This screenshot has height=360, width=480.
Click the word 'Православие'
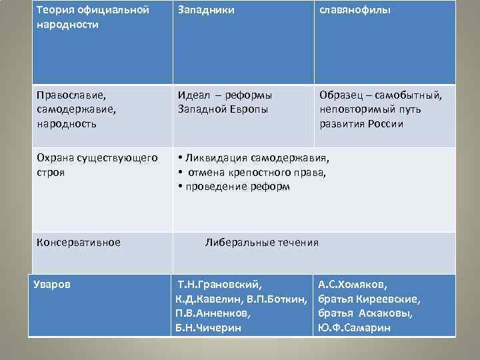pos(69,95)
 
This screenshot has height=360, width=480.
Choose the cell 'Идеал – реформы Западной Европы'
pos(225,102)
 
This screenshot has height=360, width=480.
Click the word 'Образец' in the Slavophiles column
pos(341,95)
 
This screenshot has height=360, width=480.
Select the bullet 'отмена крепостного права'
pos(257,173)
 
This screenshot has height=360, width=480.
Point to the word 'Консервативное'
pos(79,242)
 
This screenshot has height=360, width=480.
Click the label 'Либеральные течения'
pos(262,242)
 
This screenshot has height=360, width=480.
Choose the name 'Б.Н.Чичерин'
pos(207,327)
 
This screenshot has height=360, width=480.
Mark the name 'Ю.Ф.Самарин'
pos(354,327)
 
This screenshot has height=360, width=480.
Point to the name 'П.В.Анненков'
pos(213,313)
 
